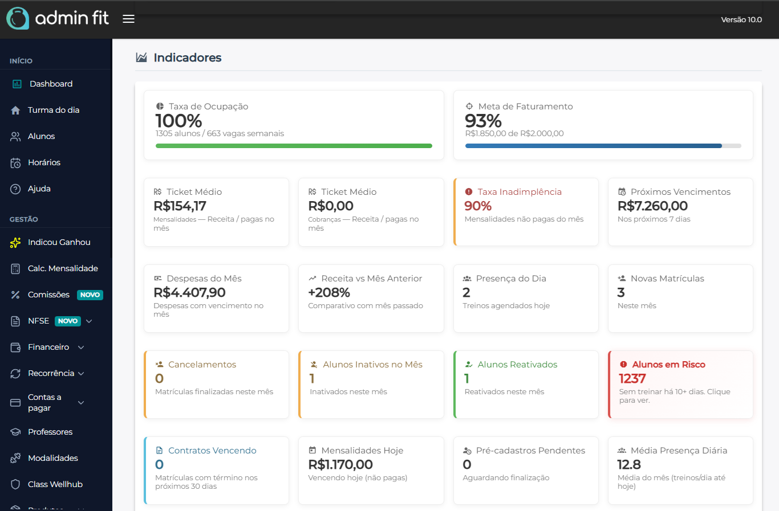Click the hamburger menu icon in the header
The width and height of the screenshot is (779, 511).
click(x=129, y=19)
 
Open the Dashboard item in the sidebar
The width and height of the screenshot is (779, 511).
click(x=51, y=84)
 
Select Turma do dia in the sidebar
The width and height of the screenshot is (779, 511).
click(x=53, y=110)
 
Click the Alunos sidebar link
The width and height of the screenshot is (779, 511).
click(x=41, y=136)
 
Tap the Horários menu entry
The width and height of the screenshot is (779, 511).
click(x=44, y=162)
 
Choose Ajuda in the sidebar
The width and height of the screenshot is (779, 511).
click(x=39, y=189)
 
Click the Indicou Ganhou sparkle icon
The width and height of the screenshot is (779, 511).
click(x=15, y=243)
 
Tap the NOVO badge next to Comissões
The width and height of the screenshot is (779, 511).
click(x=90, y=295)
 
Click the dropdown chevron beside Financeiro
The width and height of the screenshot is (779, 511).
click(x=81, y=348)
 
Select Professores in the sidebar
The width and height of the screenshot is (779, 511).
click(x=50, y=432)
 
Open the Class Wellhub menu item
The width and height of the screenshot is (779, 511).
click(x=55, y=484)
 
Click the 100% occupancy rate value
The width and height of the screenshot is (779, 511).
click(x=178, y=121)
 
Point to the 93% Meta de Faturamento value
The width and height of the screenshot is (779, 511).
click(x=483, y=121)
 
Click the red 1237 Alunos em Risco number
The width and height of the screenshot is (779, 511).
click(x=632, y=378)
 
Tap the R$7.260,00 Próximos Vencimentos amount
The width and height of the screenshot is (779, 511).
click(x=652, y=206)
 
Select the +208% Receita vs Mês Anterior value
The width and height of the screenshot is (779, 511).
click(x=329, y=292)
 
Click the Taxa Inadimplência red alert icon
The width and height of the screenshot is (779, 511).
click(x=469, y=192)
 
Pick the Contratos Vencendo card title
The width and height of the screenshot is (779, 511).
click(x=212, y=451)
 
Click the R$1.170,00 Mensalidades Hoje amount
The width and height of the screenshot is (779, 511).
click(x=340, y=464)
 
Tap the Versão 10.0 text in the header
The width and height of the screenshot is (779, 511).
click(x=741, y=19)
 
